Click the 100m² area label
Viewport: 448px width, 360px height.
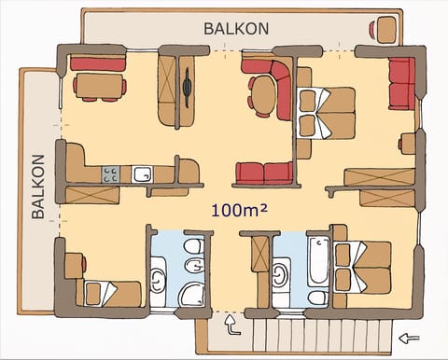[239, 210]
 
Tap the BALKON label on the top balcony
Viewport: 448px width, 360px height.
[236, 28]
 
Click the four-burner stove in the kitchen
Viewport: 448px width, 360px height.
[110, 173]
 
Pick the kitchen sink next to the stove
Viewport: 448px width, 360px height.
[142, 173]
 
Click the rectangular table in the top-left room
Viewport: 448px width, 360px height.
[98, 86]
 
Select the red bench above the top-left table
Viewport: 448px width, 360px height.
[98, 63]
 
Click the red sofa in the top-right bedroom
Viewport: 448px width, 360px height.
[401, 83]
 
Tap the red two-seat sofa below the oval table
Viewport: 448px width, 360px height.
[263, 173]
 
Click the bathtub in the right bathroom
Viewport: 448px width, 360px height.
[318, 260]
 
